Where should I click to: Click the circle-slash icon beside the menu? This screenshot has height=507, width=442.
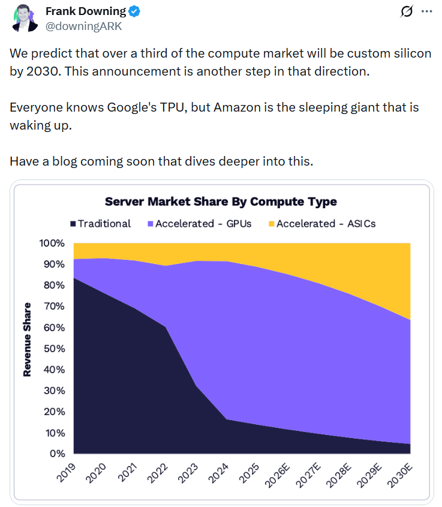pyautogui.click(x=406, y=11)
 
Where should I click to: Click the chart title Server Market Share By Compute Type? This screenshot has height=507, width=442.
pyautogui.click(x=221, y=202)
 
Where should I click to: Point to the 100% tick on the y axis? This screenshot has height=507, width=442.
pyautogui.click(x=52, y=244)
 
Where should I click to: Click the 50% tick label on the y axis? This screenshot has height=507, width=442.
pyautogui.click(x=55, y=349)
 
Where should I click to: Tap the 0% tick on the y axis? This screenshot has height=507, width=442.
pyautogui.click(x=57, y=454)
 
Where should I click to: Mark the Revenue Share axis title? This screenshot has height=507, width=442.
pyautogui.click(x=27, y=348)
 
